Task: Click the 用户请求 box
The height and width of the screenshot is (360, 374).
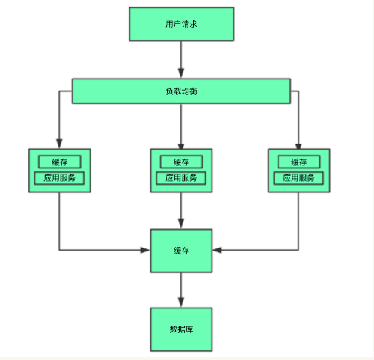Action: tap(181, 24)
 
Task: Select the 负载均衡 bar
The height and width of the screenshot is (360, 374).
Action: tap(181, 91)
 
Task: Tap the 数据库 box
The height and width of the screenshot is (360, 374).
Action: tap(181, 329)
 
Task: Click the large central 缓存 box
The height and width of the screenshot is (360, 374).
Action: tap(181, 251)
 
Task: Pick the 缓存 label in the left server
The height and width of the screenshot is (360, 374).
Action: tap(60, 162)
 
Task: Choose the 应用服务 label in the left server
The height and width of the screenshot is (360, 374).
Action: tap(60, 179)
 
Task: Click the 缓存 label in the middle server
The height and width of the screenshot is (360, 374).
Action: tap(181, 162)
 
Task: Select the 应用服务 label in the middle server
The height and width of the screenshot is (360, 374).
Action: tap(181, 179)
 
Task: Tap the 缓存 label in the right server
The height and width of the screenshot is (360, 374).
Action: tap(298, 162)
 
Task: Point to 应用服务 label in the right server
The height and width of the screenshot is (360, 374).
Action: tap(298, 179)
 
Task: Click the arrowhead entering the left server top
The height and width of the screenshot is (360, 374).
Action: tap(60, 144)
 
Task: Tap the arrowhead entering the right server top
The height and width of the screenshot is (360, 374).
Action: tap(298, 144)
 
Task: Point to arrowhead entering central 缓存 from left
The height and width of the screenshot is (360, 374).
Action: tap(146, 250)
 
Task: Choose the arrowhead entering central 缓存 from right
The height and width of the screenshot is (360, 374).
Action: tap(217, 250)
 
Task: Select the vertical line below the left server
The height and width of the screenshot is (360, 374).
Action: tap(60, 221)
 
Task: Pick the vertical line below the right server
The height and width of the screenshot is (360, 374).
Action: tap(298, 221)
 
